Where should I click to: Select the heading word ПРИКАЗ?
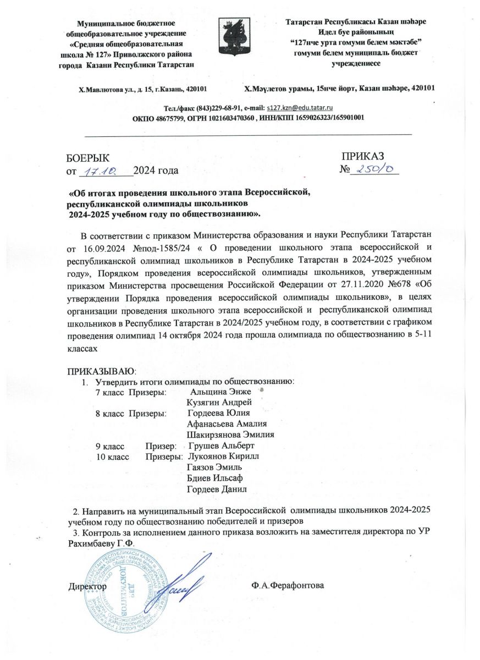(363, 157)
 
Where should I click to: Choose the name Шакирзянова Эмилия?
(230, 435)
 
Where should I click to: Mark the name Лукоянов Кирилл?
(223, 457)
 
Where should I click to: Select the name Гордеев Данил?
(217, 489)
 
